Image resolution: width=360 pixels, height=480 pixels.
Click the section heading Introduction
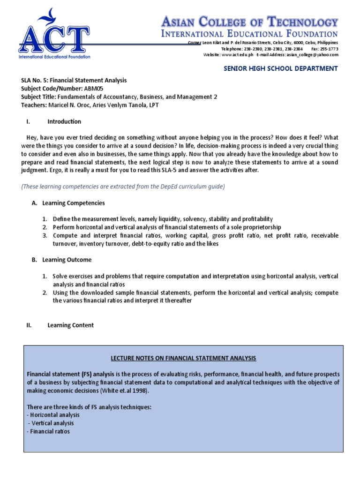(64, 122)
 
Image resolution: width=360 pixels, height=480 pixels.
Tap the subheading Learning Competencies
(74, 203)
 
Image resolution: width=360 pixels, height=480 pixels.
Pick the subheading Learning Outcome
(67, 260)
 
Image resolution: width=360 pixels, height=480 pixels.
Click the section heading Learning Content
(70, 325)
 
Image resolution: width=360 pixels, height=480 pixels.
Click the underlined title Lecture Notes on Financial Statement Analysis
(183, 359)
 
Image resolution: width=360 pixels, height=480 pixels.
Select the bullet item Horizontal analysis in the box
(54, 415)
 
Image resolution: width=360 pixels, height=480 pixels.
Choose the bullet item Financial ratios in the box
(50, 431)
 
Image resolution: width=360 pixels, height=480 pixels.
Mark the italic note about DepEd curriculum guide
(123, 187)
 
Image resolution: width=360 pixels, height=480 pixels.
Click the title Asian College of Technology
(249, 22)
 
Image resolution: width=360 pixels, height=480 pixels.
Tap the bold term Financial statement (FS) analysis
(66, 375)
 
